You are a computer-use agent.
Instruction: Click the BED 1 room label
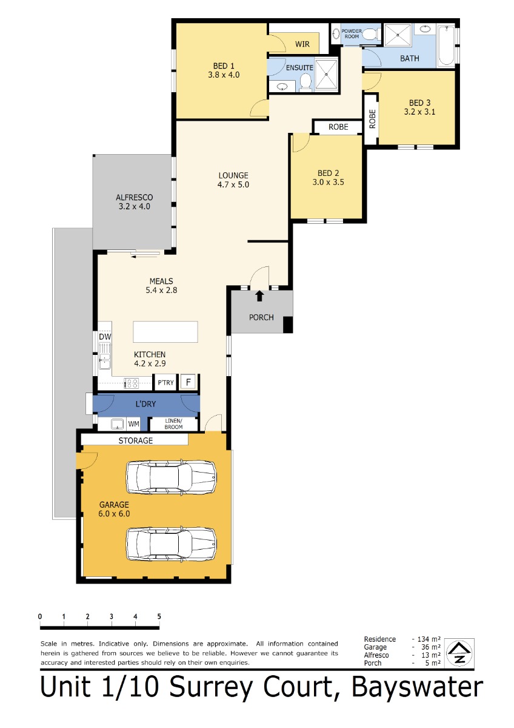tap(224, 66)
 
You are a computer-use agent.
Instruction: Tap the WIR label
tap(302, 44)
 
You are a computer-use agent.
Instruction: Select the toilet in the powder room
tap(370, 33)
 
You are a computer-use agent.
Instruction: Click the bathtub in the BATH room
tap(447, 46)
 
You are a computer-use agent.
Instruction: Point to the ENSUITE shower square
tap(326, 75)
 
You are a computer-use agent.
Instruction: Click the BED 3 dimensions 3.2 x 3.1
tap(419, 112)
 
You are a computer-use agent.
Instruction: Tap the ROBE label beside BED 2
tap(338, 127)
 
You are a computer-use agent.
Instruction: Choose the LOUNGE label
tap(233, 175)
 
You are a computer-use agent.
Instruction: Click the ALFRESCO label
tap(134, 197)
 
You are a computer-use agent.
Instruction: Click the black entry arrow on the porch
tap(259, 296)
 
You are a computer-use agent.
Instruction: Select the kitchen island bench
tap(165, 332)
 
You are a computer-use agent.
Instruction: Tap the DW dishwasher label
tap(105, 337)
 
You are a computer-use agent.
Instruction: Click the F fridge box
tap(188, 382)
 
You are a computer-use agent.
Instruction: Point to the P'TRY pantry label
tap(165, 383)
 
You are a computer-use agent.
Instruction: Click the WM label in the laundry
tap(133, 424)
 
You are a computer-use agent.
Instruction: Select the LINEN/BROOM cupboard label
tap(173, 424)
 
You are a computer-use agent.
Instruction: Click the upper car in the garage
tap(171, 477)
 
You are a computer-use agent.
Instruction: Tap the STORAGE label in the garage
tap(135, 440)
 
